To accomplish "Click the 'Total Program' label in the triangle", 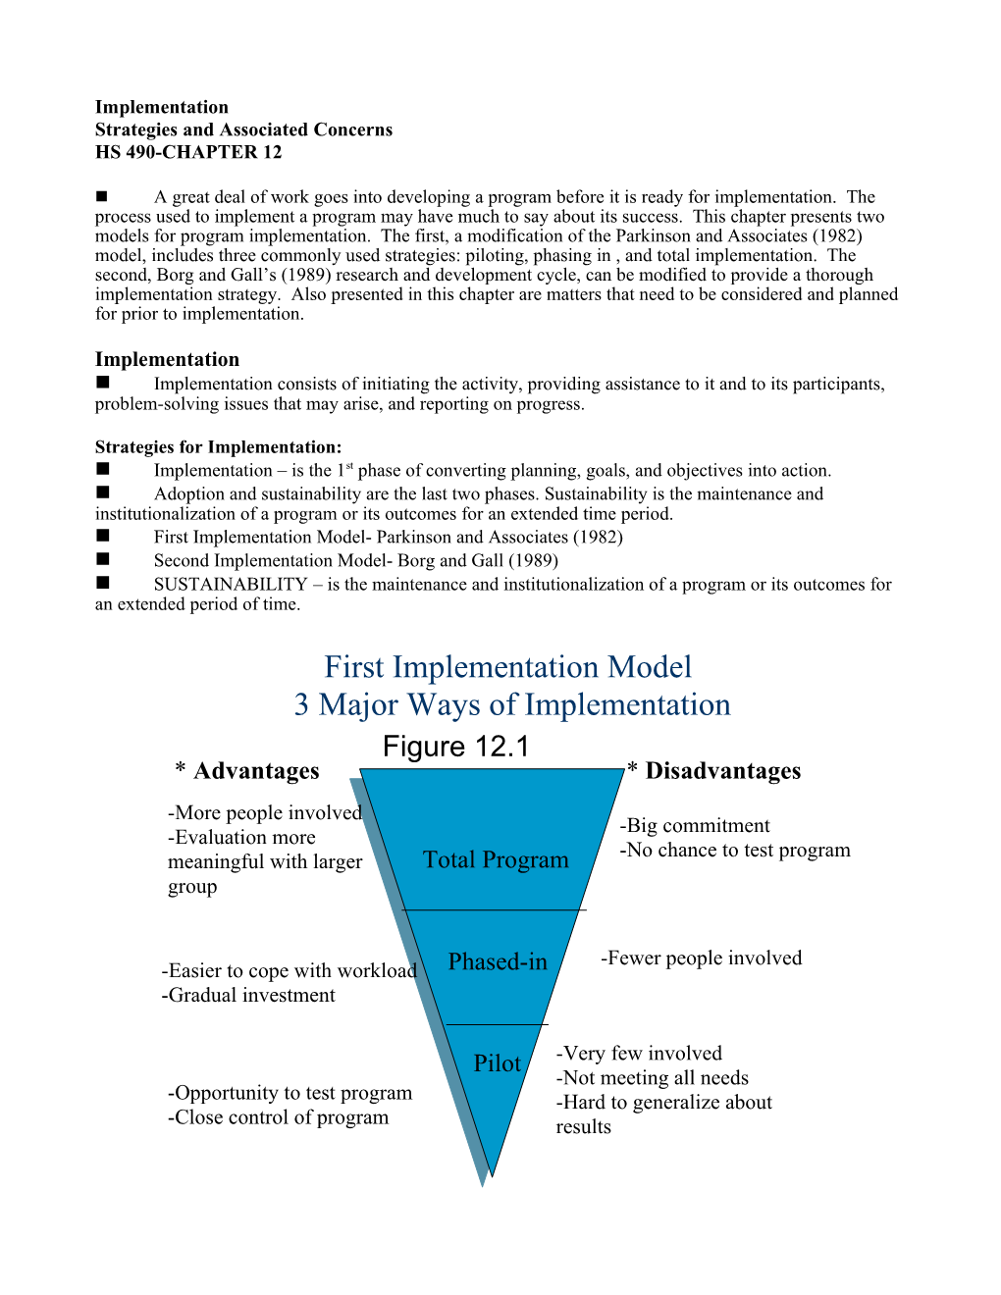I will click(496, 860).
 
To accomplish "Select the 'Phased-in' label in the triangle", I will click(498, 962).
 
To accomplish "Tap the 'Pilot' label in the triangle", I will click(497, 1063).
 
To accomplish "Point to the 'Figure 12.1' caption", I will click(455, 747).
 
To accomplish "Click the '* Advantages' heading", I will click(247, 771).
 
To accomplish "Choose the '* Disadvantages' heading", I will click(714, 771).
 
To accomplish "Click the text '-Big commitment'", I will click(695, 826).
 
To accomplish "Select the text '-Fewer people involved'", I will click(701, 958).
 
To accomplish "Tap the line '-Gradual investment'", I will click(248, 996).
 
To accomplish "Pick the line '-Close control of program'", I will click(278, 1118).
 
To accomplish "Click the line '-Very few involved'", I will click(639, 1054).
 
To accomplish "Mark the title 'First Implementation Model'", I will click(507, 667).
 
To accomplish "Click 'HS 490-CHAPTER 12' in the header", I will click(188, 152).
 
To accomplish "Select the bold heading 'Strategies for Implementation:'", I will click(218, 447).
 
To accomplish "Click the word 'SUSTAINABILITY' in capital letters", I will click(231, 585).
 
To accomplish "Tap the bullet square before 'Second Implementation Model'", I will click(103, 559).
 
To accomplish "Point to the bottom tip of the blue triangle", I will click(492, 1175).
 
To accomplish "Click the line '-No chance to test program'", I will click(735, 851).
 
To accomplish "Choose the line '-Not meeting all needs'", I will click(653, 1078).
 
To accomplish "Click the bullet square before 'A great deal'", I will click(102, 196).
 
